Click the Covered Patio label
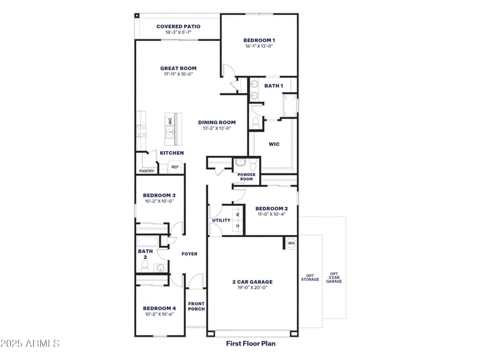click(178, 26)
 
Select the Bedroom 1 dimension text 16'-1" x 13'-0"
click(259, 46)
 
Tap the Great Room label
click(178, 68)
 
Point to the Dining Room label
click(217, 122)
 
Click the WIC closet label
click(274, 144)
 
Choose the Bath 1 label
click(274, 86)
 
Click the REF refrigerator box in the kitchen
click(175, 167)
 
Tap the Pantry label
click(147, 171)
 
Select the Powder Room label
click(247, 177)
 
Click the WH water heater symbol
click(291, 243)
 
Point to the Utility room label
click(221, 220)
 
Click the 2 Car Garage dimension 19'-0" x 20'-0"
click(252, 287)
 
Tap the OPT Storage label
click(310, 279)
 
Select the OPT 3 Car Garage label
click(334, 277)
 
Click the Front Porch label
click(196, 306)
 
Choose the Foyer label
click(190, 254)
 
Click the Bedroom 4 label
click(159, 308)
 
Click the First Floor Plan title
click(251, 344)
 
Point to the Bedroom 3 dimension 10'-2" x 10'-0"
click(159, 202)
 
